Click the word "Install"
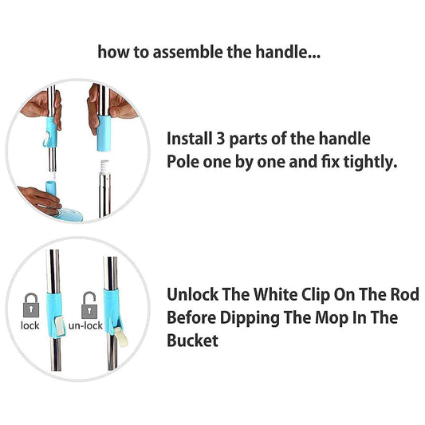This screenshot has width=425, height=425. [189, 138]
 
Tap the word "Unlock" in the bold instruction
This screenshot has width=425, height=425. [191, 293]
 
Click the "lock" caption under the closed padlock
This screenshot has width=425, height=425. [30, 325]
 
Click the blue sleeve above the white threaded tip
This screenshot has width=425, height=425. [106, 132]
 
